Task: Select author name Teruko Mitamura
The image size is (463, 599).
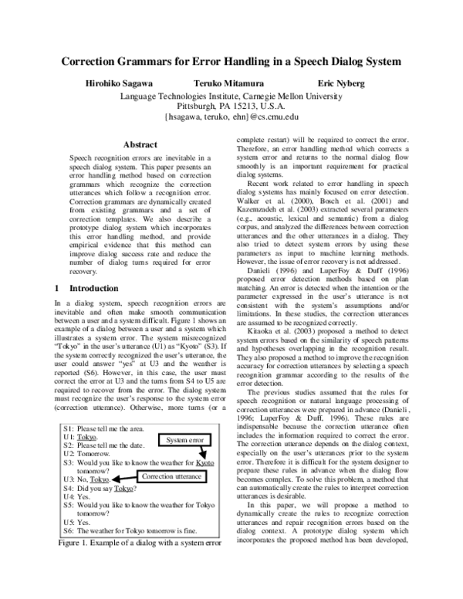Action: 222,83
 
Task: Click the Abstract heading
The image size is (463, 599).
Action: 140,144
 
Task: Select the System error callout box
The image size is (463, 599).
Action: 184,440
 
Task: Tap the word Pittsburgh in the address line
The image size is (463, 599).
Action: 199,106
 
